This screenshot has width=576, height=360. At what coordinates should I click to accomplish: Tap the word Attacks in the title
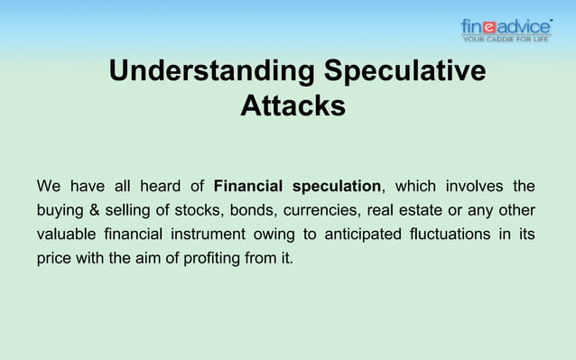293,106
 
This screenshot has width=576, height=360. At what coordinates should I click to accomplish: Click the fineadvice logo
506,28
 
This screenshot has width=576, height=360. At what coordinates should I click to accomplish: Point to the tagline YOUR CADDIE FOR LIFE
506,40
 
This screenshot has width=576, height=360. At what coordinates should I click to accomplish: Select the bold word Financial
249,187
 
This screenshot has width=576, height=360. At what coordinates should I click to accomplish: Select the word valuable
65,235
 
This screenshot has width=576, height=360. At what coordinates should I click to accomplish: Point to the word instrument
216,235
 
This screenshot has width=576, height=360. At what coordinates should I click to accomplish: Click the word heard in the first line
159,187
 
